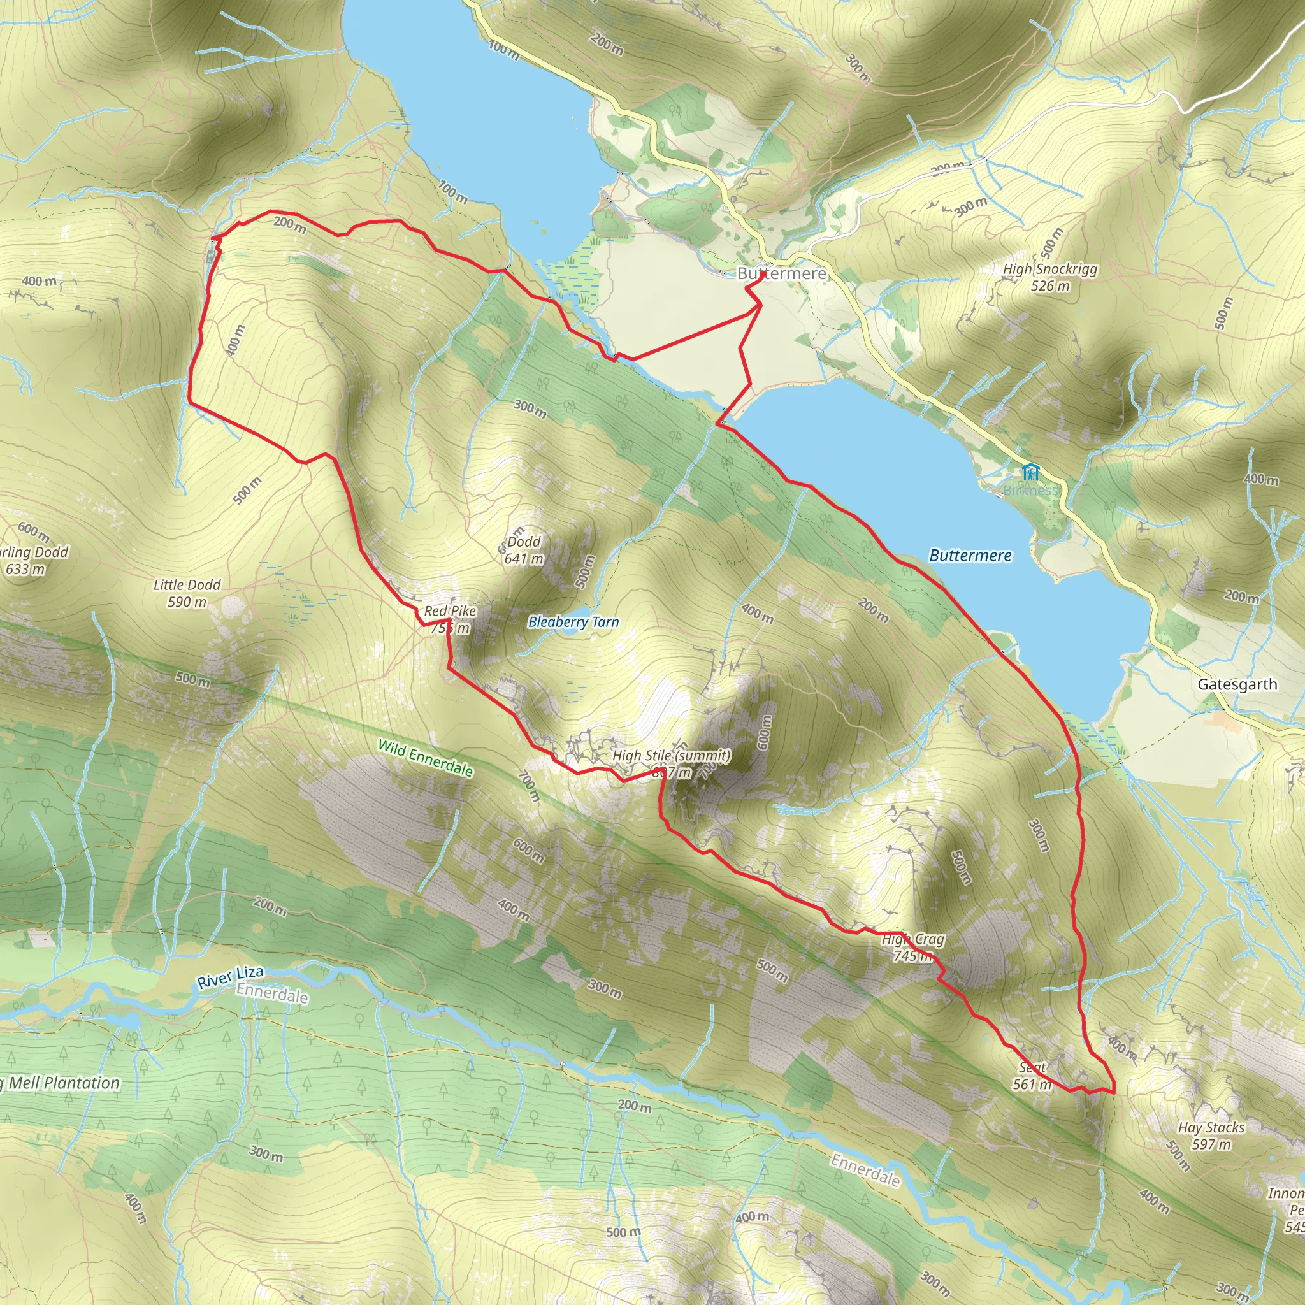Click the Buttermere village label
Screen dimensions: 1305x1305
[781, 273]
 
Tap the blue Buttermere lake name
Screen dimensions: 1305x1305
[970, 556]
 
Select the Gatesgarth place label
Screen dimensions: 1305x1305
[1237, 685]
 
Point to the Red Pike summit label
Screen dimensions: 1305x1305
[450, 611]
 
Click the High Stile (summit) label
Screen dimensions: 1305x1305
[671, 755]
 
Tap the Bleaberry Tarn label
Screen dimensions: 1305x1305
[573, 622]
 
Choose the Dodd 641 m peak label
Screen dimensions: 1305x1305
[524, 550]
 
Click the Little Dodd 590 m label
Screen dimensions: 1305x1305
[187, 593]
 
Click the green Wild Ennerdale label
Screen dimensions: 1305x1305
[425, 758]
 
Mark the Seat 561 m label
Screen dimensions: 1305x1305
[1032, 1076]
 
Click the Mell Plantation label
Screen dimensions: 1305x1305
[64, 1083]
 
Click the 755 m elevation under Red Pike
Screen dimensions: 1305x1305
[450, 628]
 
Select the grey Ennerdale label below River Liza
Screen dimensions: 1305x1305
[271, 993]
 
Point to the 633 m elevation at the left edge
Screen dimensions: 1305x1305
[25, 569]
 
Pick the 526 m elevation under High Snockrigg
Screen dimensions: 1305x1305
[1049, 285]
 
